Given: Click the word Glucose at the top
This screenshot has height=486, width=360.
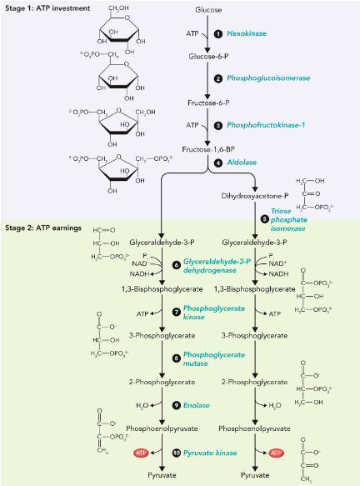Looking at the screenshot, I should coord(209,9).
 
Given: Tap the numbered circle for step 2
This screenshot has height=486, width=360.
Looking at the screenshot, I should coord(217,78).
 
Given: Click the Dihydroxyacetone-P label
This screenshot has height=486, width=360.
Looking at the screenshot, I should coord(253,197).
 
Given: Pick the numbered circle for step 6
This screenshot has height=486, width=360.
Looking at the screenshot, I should coord(177,264).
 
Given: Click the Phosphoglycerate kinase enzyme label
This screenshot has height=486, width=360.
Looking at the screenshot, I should coord(207,313).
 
